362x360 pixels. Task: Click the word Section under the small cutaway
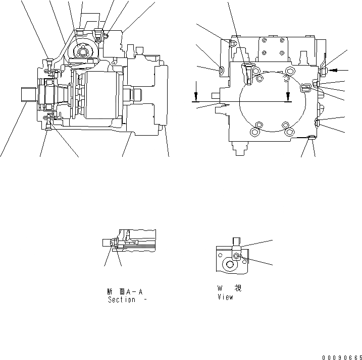pos(121,299)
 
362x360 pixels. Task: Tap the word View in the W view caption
pos(225,297)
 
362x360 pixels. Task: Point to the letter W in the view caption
pos(220,288)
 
